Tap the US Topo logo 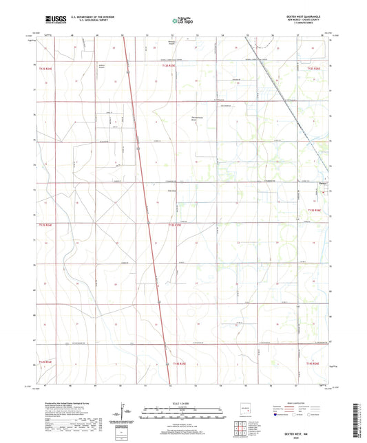click(180, 21)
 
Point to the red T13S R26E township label click(315, 210)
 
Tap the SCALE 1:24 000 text click(183, 403)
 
